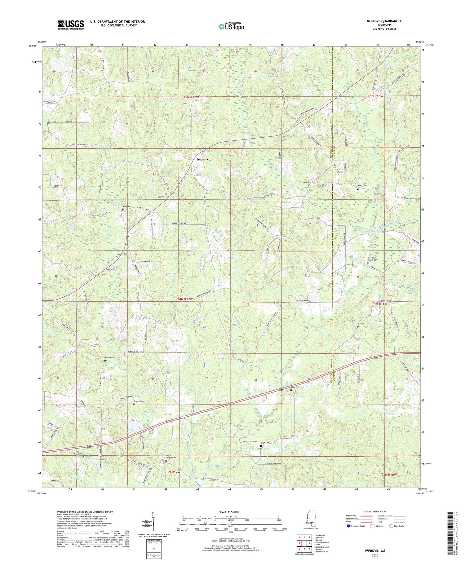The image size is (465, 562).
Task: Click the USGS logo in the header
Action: point(71,25)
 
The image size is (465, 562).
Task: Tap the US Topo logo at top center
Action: point(231,27)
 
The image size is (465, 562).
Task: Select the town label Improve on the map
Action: point(203,159)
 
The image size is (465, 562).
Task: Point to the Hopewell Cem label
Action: point(309,182)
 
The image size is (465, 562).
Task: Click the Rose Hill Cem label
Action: point(164,197)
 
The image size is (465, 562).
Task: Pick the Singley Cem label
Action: point(109,357)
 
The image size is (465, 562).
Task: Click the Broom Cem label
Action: point(138,401)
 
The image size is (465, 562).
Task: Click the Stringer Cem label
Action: point(108,269)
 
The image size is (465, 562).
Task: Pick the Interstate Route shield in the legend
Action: point(349,526)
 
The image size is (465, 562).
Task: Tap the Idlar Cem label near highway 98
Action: point(294,387)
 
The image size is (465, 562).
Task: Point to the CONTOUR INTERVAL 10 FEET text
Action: point(231,539)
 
